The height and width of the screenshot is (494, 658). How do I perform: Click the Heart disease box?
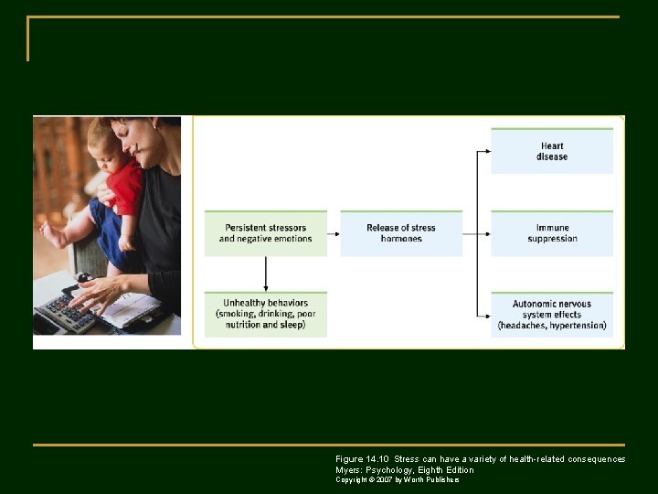(552, 151)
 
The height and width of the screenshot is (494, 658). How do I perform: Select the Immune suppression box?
(552, 233)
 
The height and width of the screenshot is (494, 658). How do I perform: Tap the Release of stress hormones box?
(401, 233)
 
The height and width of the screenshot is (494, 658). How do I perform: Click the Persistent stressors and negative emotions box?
(265, 233)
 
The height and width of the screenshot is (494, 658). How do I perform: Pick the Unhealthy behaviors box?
(265, 314)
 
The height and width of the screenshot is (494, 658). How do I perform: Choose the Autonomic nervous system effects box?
(552, 314)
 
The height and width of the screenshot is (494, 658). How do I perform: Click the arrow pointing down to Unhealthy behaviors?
(265, 274)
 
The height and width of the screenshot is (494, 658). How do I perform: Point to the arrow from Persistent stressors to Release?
(334, 233)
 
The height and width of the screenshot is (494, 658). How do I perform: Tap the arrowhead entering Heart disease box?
(486, 151)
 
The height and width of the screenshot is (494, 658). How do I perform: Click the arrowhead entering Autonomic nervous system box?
(486, 314)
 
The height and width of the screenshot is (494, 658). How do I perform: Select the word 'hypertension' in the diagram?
(577, 326)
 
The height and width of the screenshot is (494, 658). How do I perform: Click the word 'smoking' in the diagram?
(239, 314)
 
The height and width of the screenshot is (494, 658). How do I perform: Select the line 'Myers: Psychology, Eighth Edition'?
(404, 469)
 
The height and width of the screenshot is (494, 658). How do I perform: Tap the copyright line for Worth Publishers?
(398, 479)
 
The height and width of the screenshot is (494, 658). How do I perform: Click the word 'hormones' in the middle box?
(401, 240)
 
